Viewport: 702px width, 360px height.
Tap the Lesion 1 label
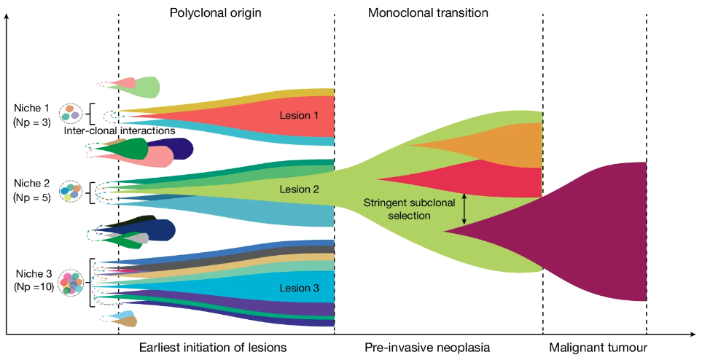pyautogui.click(x=299, y=115)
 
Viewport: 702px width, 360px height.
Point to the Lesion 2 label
pyautogui.click(x=299, y=189)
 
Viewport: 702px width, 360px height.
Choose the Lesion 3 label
pyautogui.click(x=299, y=288)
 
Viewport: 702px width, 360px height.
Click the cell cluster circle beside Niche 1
pyautogui.click(x=70, y=112)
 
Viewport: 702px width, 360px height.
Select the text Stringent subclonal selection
pyautogui.click(x=407, y=209)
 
